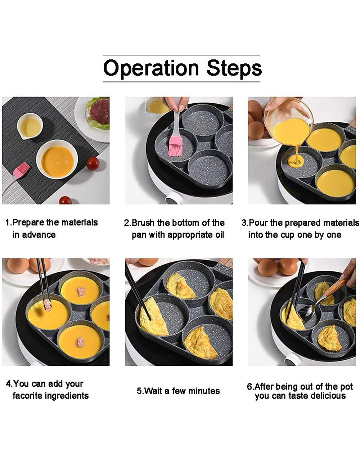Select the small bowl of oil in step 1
30,126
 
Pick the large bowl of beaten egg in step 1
57,159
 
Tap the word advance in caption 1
34,234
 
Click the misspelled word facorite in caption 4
28,396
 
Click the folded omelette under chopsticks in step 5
153,316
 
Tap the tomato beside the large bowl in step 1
93,163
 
